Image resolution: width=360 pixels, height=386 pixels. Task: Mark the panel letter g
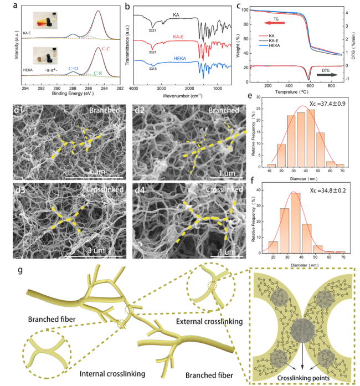pyautogui.click(x=20, y=272)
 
